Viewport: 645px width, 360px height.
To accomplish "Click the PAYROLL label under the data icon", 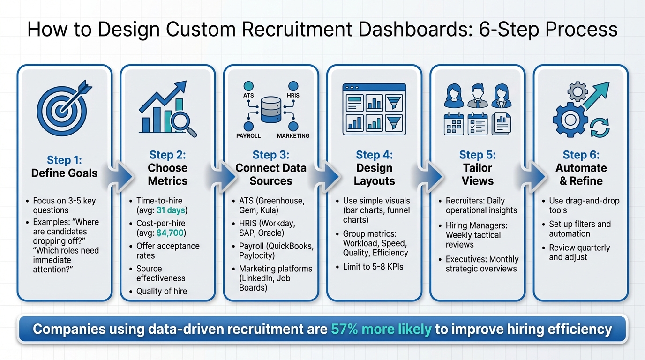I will pyautogui.click(x=248, y=136).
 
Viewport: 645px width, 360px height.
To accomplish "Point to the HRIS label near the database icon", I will pyautogui.click(x=293, y=96).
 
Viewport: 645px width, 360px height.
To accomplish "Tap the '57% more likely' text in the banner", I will pyautogui.click(x=381, y=329).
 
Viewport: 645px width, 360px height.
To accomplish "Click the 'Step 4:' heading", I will pyautogui.click(x=374, y=155).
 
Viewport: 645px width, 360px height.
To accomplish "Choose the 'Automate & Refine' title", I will pyautogui.click(x=581, y=174).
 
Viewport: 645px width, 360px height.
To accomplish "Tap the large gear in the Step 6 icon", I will pyautogui.click(x=570, y=120).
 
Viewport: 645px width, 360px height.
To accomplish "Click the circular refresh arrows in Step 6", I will pyautogui.click(x=600, y=127).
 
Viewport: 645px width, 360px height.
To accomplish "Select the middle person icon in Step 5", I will pyautogui.click(x=477, y=96).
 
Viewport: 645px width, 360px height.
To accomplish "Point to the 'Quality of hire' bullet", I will pyautogui.click(x=161, y=292).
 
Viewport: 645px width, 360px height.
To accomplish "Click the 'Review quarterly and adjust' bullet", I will pyautogui.click(x=579, y=252).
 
